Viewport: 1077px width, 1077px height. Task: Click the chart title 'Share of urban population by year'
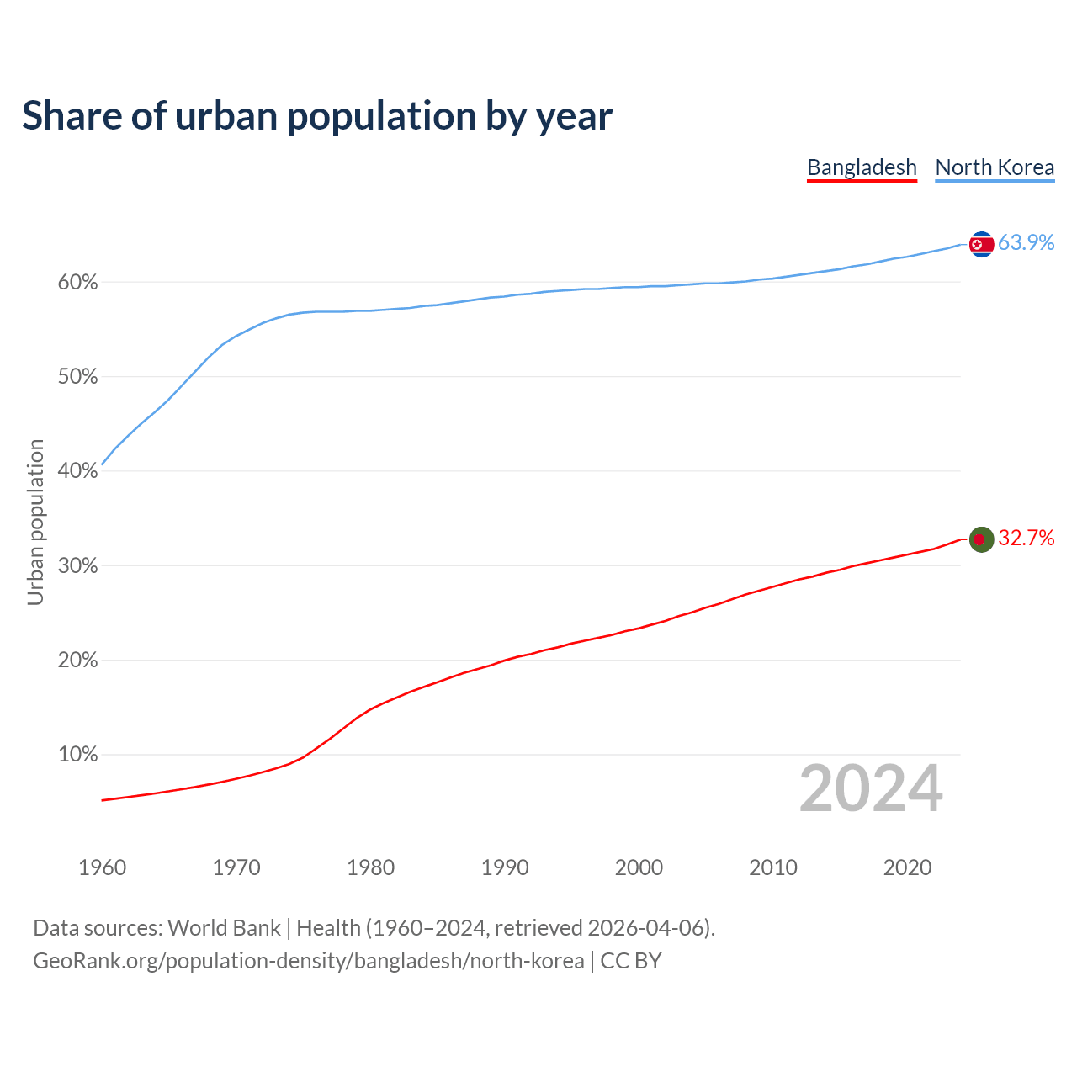(316, 116)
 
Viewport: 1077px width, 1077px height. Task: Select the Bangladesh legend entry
(862, 167)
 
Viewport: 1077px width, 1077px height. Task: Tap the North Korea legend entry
(995, 167)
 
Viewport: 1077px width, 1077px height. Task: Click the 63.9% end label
(1026, 242)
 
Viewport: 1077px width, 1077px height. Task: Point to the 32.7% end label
(1026, 538)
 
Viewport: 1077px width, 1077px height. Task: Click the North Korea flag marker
(981, 244)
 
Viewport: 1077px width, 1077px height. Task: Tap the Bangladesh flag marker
(981, 539)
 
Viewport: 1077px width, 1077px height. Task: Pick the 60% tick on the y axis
(77, 283)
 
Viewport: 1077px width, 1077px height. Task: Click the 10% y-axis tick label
(77, 755)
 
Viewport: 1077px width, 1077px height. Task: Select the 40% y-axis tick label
(77, 471)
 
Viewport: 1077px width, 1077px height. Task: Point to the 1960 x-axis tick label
(102, 867)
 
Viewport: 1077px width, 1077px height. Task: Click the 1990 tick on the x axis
(505, 867)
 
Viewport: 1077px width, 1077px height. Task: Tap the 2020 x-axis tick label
(907, 867)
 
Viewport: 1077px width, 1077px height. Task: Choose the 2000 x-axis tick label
(639, 867)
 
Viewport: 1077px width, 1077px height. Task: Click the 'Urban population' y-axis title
(35, 522)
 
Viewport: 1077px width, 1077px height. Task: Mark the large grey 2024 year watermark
(871, 788)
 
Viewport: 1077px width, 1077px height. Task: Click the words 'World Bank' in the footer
(224, 928)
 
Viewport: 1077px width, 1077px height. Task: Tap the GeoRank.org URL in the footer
(308, 961)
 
